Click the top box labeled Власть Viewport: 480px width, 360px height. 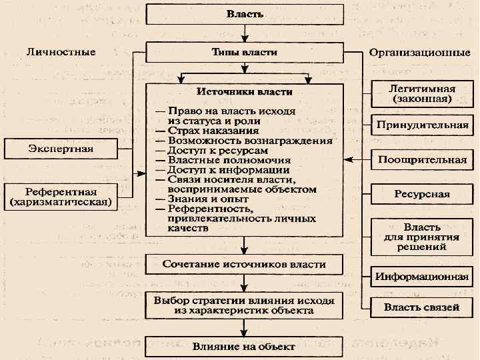point(245,13)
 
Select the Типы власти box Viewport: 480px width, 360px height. point(245,52)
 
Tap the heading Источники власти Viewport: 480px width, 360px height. point(244,91)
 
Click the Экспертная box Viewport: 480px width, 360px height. point(61,147)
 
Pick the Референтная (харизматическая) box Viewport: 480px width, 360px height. point(61,195)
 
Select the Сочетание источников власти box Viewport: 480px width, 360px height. point(245,264)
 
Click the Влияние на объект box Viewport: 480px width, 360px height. point(245,346)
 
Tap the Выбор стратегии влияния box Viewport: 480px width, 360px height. point(245,305)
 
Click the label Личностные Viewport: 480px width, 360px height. point(61,51)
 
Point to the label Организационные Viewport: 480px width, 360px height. point(419,53)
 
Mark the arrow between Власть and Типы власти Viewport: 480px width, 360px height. point(245,33)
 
